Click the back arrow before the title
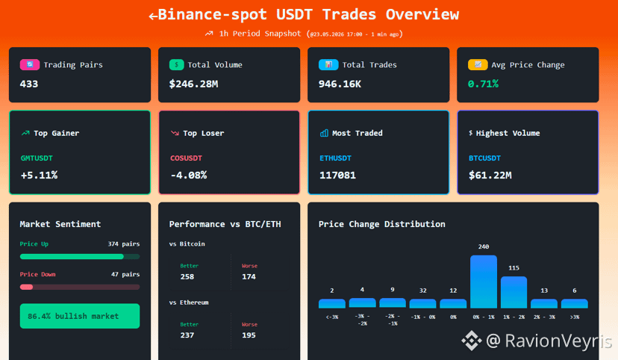[x=153, y=16]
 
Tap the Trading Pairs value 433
[x=29, y=84]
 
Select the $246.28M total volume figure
[x=193, y=84]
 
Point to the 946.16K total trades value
[x=340, y=84]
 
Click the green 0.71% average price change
[x=483, y=84]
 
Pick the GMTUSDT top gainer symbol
[x=37, y=158]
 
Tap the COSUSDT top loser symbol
[x=186, y=158]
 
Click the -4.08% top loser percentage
[x=189, y=175]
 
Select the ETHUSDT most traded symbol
[x=335, y=158]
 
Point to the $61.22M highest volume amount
[x=490, y=175]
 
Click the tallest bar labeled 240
[x=484, y=282]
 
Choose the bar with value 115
[x=514, y=292]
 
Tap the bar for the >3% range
[x=575, y=304]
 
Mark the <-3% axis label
[x=332, y=317]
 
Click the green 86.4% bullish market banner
[x=80, y=316]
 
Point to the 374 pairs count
[x=124, y=244]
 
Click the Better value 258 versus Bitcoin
[x=187, y=277]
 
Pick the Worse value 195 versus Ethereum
[x=249, y=335]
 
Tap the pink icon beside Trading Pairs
[x=30, y=65]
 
